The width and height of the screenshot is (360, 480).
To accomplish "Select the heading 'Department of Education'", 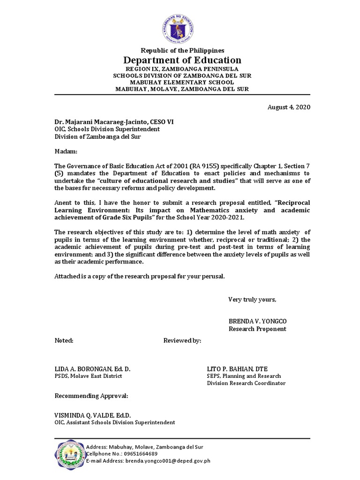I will point(182,60).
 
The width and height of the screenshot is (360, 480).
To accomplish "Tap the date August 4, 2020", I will point(289,107).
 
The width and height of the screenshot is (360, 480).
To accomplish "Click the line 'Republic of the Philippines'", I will point(182,50).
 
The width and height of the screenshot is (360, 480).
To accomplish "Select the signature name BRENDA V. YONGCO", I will point(257,321).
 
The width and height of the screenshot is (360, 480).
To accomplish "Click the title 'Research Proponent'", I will point(257,329).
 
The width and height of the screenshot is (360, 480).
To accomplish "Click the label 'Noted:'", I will point(64,340).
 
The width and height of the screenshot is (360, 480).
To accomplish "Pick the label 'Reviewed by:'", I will point(182,340).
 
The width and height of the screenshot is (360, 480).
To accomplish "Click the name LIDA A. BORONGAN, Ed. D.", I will point(92,369).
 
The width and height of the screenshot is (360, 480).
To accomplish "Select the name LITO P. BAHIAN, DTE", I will point(237,369).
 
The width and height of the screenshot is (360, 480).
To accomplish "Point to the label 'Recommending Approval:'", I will point(91,396).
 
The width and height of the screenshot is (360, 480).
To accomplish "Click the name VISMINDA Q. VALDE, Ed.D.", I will point(93,415).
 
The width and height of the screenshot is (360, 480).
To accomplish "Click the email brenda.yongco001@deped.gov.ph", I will point(167,461).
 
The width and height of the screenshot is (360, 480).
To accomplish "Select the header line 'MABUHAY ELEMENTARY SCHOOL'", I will point(182,82).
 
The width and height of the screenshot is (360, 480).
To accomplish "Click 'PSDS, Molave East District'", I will point(88,376).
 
